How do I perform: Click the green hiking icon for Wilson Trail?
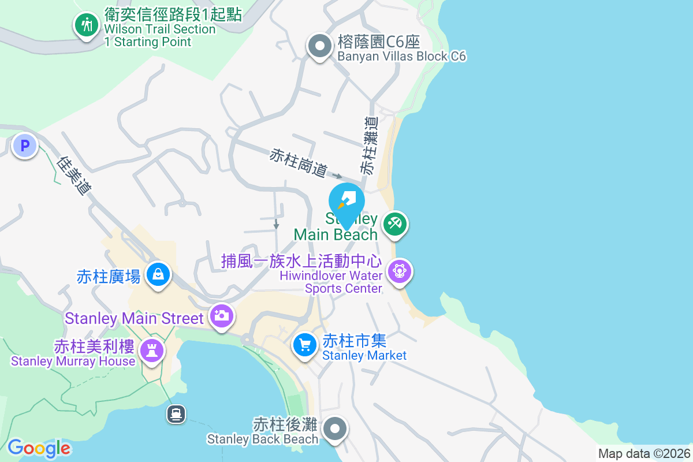(x=87, y=25)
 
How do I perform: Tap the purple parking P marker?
(x=25, y=146)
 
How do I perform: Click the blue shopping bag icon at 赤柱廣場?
(x=157, y=274)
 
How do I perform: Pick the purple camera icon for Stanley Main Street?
(x=221, y=315)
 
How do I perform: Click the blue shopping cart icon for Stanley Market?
(x=304, y=345)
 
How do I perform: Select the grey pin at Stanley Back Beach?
(x=335, y=429)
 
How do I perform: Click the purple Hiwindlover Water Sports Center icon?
(x=399, y=270)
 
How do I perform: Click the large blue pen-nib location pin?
(x=346, y=201)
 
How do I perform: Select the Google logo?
(x=39, y=448)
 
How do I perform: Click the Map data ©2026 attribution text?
(x=644, y=453)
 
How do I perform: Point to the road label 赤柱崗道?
(x=299, y=162)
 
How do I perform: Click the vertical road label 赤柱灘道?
(x=368, y=146)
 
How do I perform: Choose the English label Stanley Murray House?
(x=73, y=362)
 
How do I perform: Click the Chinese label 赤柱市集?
(x=354, y=341)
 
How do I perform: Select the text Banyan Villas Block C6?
(x=401, y=57)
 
